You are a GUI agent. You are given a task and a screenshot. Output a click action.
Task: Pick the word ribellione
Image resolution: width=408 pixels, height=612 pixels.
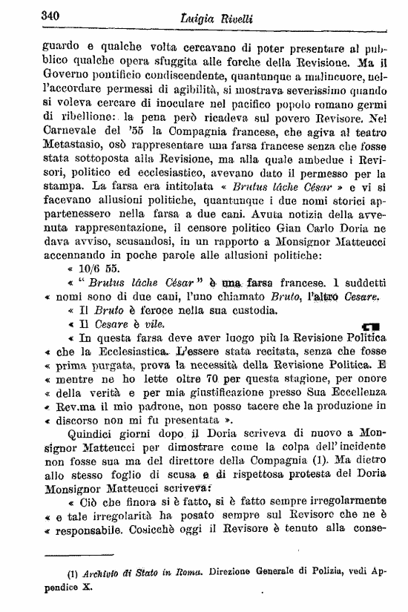(78, 117)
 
